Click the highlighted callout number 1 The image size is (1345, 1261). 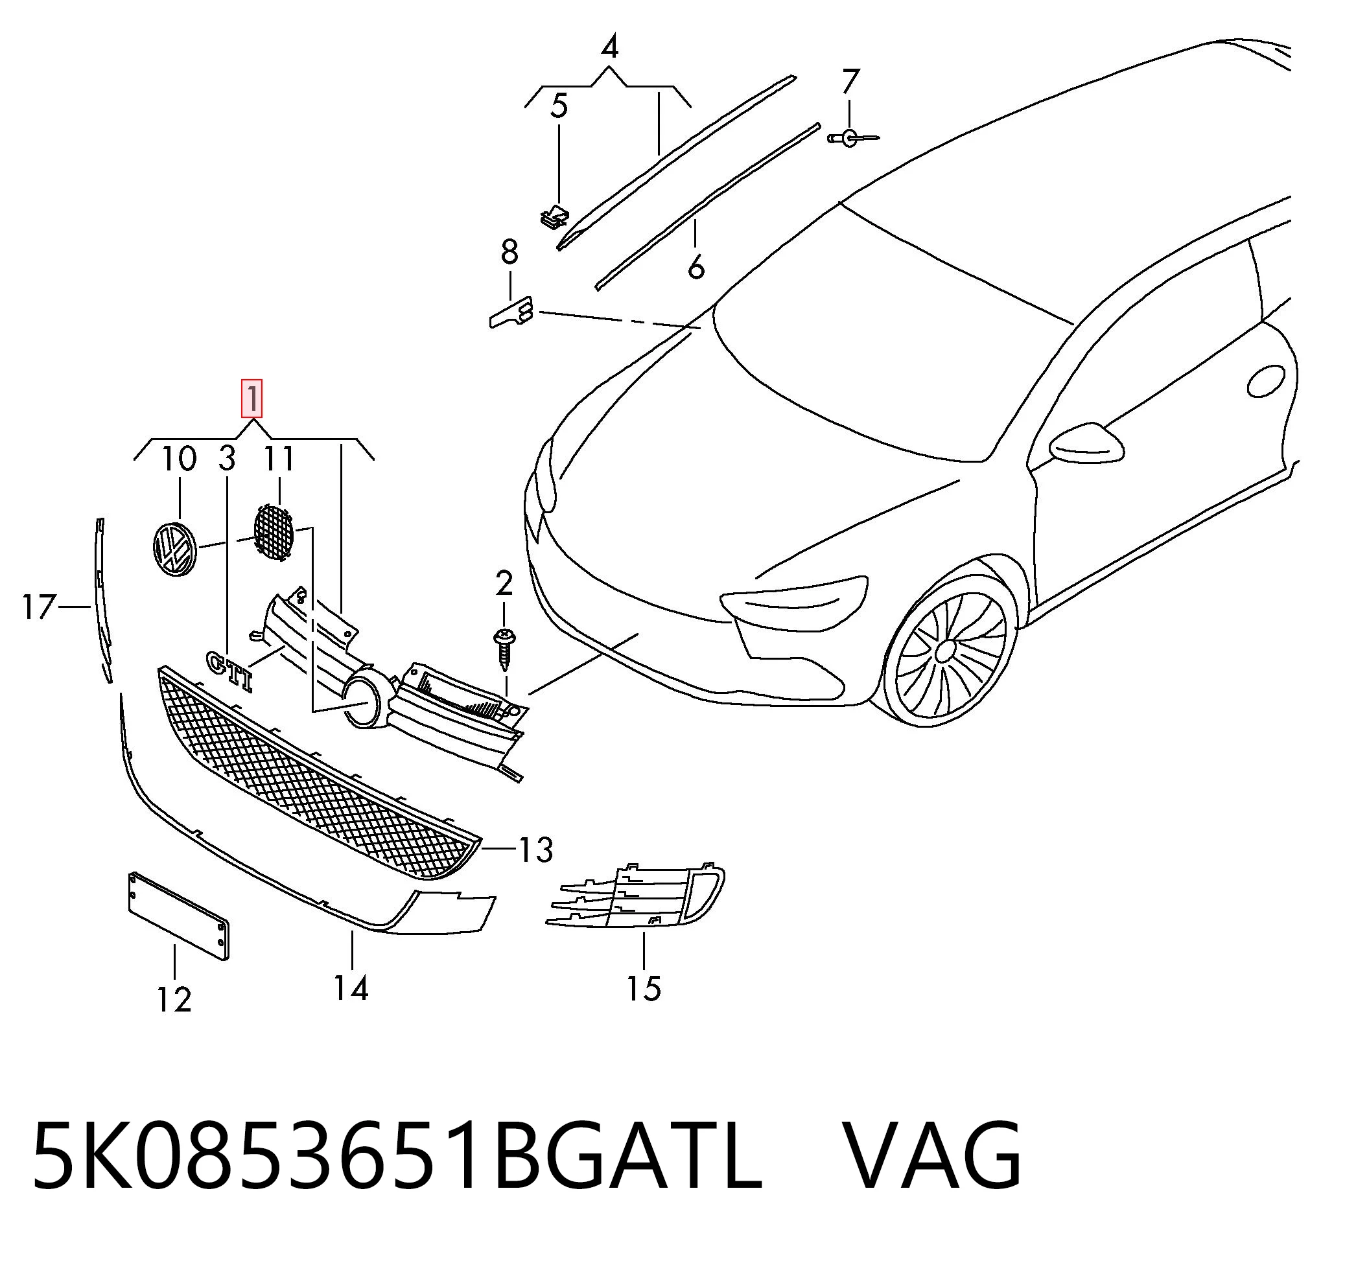[x=252, y=399]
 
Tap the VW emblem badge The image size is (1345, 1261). [x=173, y=549]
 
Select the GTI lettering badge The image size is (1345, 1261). [x=231, y=670]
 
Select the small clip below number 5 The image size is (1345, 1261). [x=556, y=216]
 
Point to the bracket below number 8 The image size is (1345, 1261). [x=511, y=312]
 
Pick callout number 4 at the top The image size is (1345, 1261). [x=609, y=47]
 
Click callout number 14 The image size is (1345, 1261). [x=351, y=988]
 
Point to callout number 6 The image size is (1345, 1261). [x=696, y=266]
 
